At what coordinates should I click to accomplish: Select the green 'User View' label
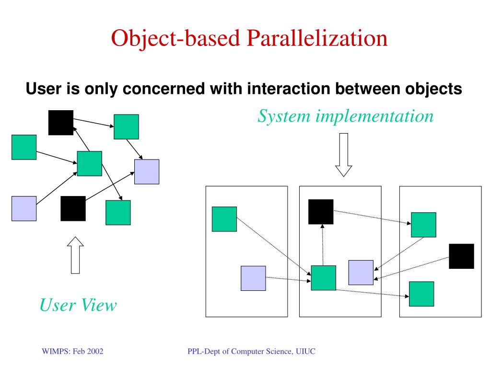click(78, 305)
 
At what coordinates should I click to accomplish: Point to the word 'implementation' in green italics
click(374, 115)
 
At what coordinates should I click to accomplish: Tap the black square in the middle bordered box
click(321, 211)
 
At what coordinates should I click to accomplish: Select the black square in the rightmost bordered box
click(461, 256)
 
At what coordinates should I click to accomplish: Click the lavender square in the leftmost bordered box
click(253, 278)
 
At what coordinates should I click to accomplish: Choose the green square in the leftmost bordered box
click(224, 219)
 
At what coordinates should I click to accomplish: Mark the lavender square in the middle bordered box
click(361, 273)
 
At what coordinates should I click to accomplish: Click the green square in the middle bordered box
click(323, 278)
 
